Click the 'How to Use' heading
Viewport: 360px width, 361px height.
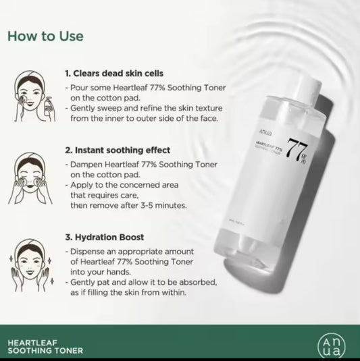(x=46, y=35)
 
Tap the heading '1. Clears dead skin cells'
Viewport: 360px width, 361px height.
(x=113, y=73)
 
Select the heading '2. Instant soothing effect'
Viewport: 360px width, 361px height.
(x=118, y=150)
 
